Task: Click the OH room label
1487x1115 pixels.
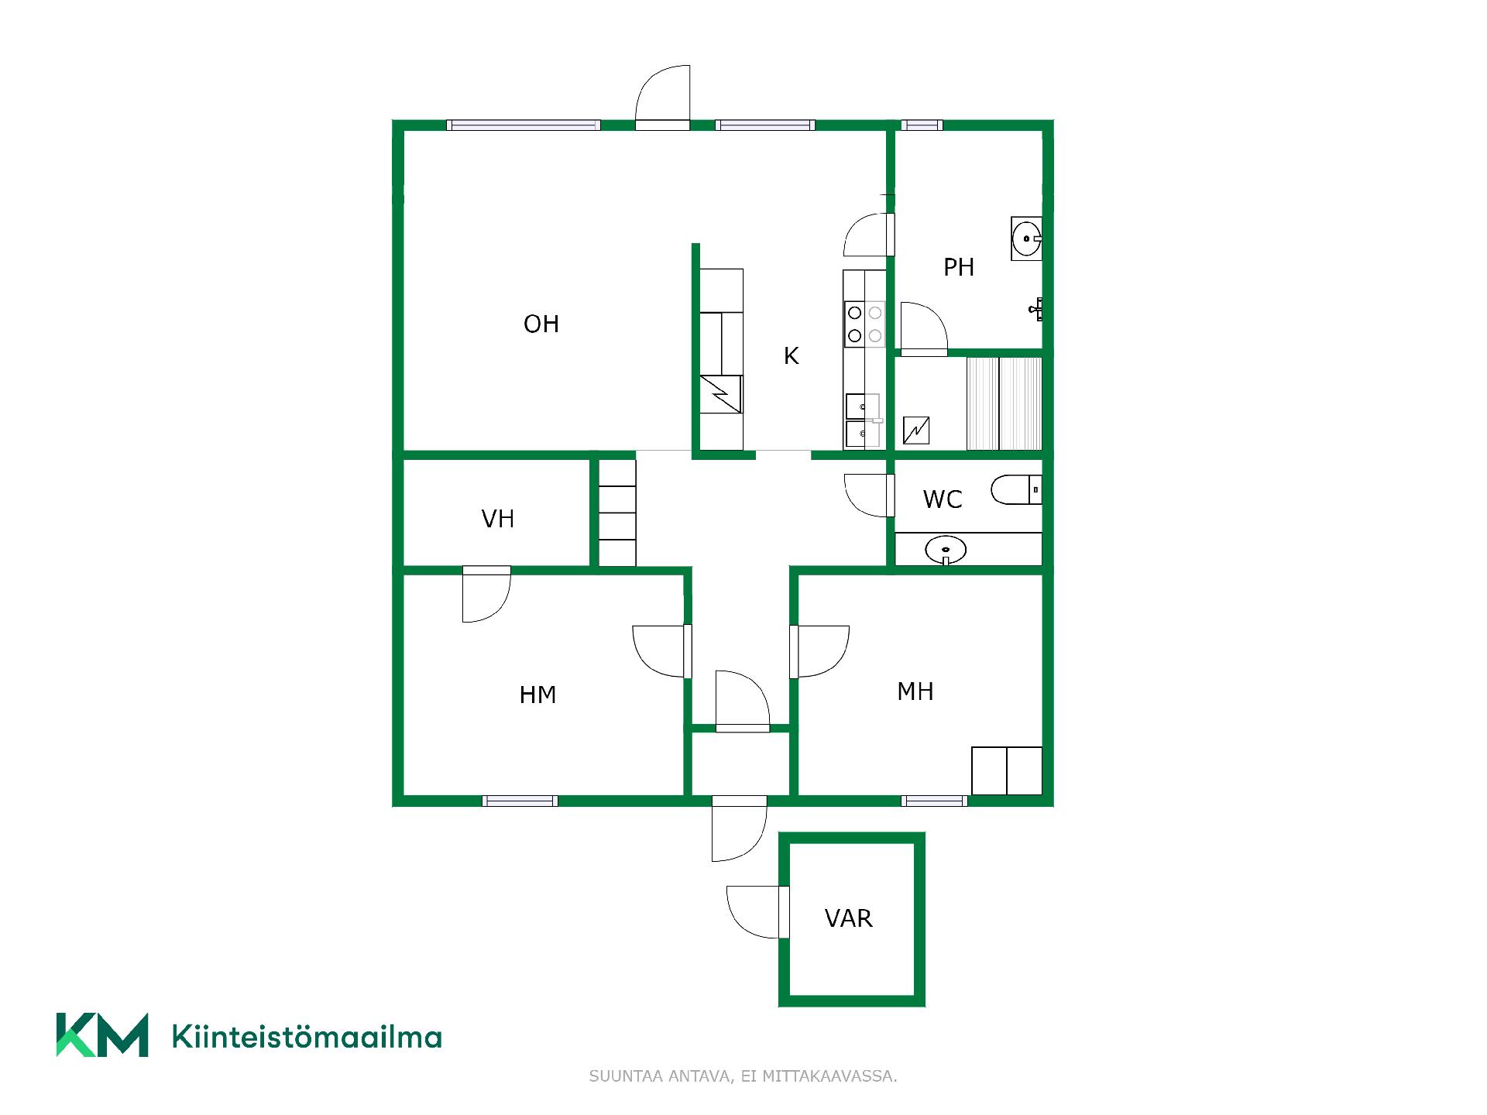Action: (x=541, y=324)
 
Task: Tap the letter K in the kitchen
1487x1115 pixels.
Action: (x=791, y=355)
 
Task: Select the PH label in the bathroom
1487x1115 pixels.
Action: (x=959, y=267)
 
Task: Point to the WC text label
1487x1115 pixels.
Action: (x=943, y=499)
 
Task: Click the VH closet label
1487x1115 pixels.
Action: (x=497, y=519)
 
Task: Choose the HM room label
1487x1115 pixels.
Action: (x=537, y=695)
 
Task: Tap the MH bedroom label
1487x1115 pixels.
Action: (x=915, y=691)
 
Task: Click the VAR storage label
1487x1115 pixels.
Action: (x=848, y=918)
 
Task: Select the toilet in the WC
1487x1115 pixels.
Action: (x=1016, y=489)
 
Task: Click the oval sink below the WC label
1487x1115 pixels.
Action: (x=946, y=551)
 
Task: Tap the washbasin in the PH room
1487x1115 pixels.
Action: (x=1026, y=238)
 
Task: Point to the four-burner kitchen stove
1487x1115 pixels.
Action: (x=864, y=324)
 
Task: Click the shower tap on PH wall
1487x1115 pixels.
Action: (x=1037, y=309)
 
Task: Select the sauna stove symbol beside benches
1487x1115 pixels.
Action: (x=916, y=431)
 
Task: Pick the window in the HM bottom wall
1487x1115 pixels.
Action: (x=520, y=801)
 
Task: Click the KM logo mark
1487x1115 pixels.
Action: (x=102, y=1034)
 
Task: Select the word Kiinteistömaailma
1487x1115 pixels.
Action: (x=307, y=1036)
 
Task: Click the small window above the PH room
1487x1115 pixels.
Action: (x=922, y=125)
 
